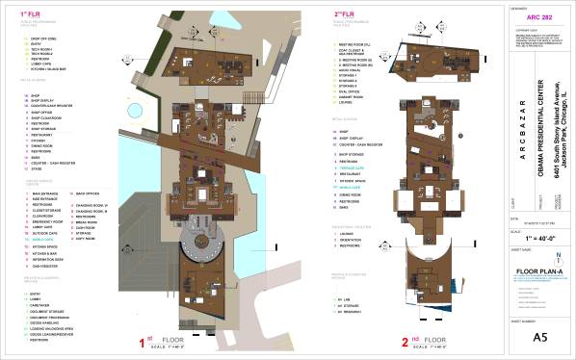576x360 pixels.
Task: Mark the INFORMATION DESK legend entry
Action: click(x=47, y=259)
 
